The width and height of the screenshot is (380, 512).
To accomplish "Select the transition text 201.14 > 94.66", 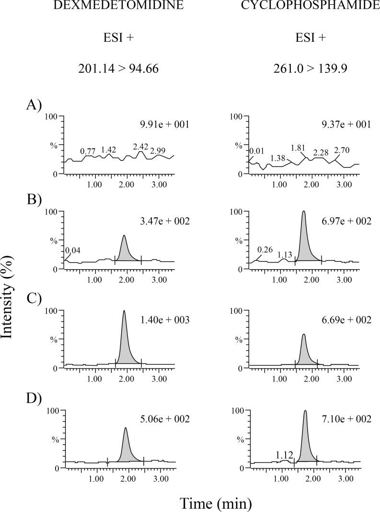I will click(118, 69).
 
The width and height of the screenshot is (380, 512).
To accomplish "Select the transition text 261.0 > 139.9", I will click(310, 69).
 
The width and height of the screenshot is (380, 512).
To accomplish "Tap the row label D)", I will click(35, 399).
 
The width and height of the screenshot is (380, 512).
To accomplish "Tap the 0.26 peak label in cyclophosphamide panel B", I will click(265, 250).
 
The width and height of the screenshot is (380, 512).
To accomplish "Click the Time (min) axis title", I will click(216, 503).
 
